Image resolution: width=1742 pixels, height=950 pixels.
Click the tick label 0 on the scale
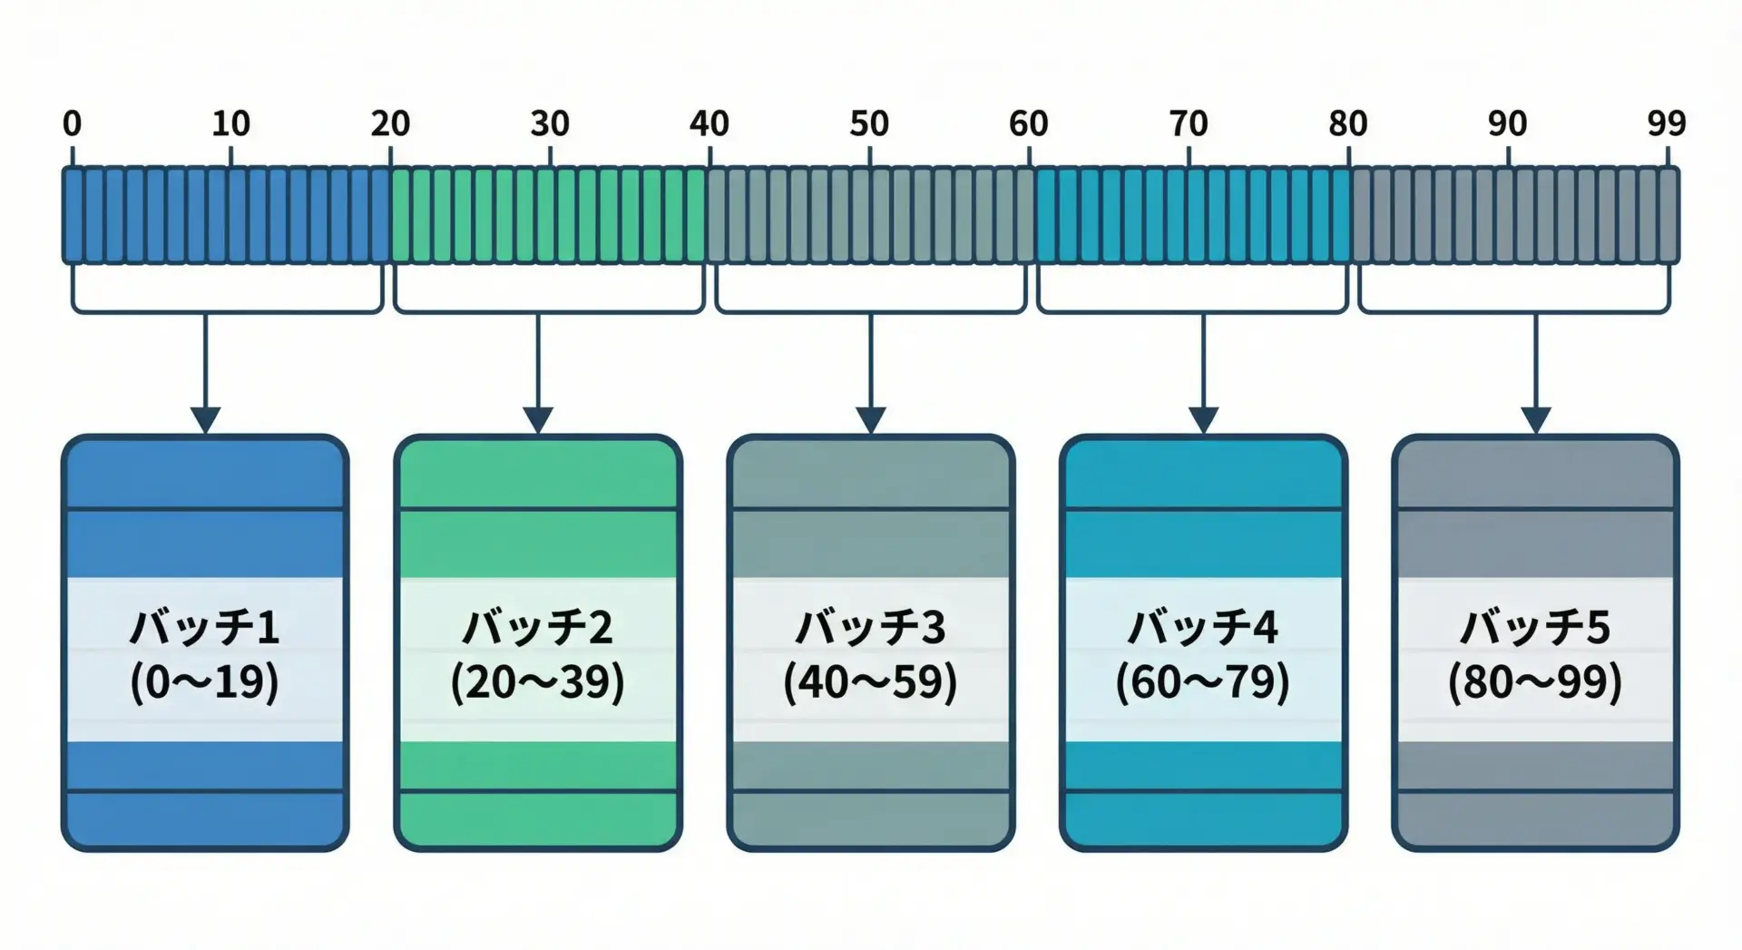(x=72, y=123)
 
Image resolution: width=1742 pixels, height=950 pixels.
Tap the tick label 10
(x=230, y=123)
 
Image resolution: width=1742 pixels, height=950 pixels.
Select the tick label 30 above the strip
(x=550, y=123)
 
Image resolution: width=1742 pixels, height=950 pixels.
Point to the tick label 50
(x=869, y=123)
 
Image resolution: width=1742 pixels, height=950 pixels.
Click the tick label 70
(x=1189, y=123)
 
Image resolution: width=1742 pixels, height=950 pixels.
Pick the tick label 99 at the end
(x=1667, y=123)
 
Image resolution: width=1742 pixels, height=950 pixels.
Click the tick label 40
(x=710, y=123)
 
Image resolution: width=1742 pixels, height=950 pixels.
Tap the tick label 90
(x=1507, y=123)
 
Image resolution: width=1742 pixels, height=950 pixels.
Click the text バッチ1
(x=205, y=628)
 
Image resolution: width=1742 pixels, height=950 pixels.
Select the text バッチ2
(x=538, y=628)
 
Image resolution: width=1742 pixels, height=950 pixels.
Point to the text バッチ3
(x=871, y=628)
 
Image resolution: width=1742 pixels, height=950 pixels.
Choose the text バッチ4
(x=1203, y=628)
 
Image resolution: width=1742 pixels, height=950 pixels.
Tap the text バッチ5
(x=1535, y=628)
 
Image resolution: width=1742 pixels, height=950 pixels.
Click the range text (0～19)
(x=205, y=682)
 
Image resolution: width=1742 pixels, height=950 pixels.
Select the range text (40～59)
(x=871, y=682)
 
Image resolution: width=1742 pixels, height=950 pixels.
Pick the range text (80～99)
(x=1535, y=682)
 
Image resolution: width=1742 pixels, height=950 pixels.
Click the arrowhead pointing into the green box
(x=538, y=420)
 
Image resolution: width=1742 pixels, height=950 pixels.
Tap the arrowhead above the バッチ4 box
(x=1203, y=420)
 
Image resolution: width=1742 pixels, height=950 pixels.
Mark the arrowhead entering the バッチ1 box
(x=205, y=420)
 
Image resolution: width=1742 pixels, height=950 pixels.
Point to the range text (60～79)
(x=1203, y=682)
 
